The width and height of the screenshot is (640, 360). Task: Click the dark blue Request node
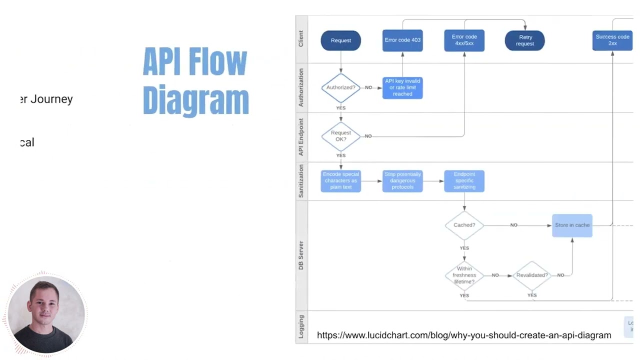(340, 40)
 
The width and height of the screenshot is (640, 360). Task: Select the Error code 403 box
(402, 40)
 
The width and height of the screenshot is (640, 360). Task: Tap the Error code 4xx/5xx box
(464, 40)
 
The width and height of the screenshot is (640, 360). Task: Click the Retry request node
(524, 40)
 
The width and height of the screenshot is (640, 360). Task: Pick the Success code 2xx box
(612, 40)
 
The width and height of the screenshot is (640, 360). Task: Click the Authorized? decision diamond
(340, 87)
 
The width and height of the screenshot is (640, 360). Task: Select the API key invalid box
(402, 87)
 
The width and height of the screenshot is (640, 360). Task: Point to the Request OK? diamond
(340, 136)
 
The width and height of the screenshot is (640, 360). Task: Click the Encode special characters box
(340, 181)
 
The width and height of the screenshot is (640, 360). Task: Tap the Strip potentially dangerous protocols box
(402, 181)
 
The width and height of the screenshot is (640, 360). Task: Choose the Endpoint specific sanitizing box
(464, 181)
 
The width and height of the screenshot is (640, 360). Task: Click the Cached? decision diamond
(464, 225)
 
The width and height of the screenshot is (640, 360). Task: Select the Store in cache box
(572, 225)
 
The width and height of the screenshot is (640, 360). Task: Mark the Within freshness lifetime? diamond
(464, 275)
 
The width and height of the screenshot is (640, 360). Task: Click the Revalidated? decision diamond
(531, 275)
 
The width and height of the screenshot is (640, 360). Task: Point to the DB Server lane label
(301, 255)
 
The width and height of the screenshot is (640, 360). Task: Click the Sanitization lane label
(301, 181)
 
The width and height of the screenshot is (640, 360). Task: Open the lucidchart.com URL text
(463, 335)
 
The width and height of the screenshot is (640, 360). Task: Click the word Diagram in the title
(195, 100)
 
